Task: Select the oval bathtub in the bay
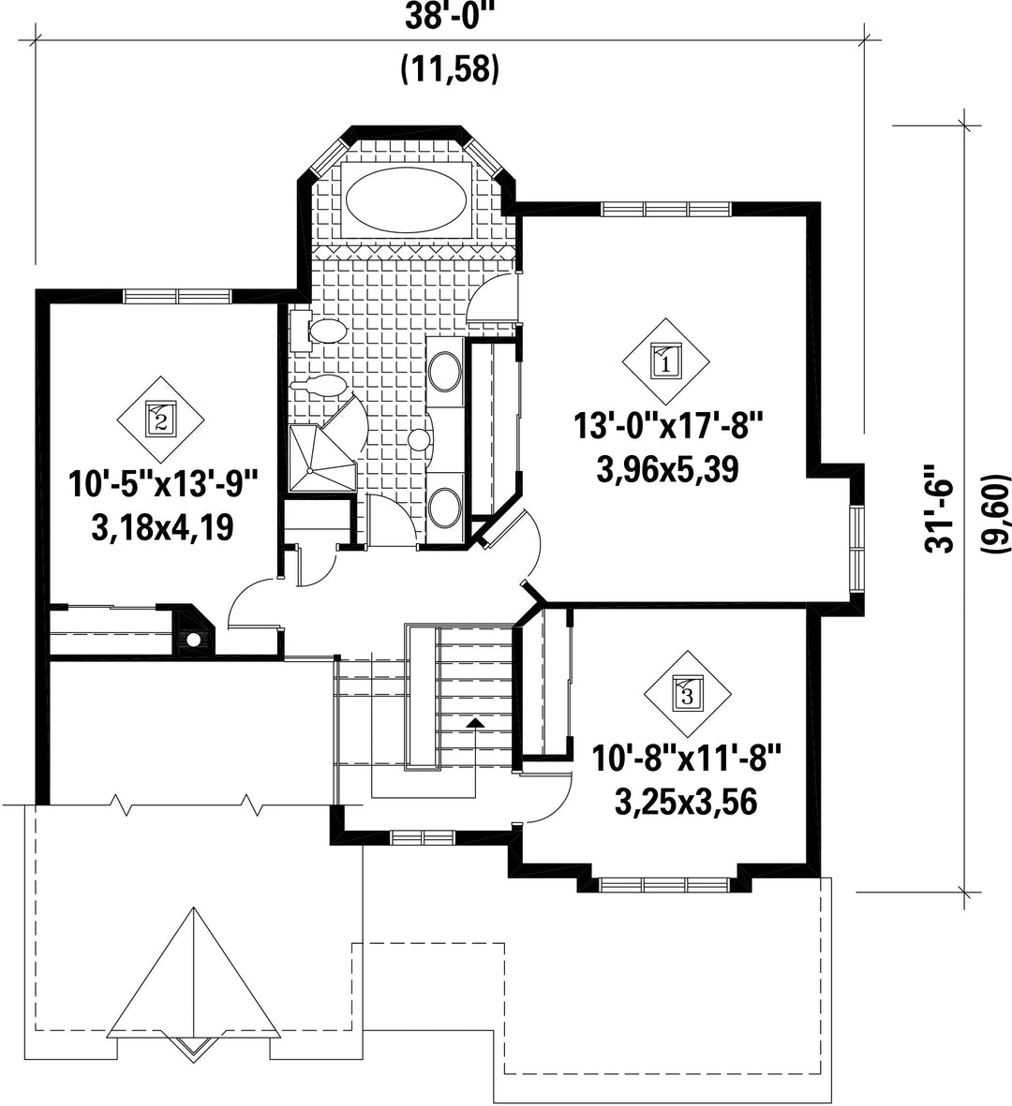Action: coord(405,199)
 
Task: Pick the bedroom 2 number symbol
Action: coord(160,420)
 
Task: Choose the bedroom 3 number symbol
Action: coord(688,693)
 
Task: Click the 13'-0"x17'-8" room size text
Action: coord(668,427)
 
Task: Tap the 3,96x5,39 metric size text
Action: coord(667,469)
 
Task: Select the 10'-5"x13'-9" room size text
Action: coord(163,484)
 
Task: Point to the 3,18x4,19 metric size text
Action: coord(162,527)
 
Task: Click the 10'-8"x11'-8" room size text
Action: coord(688,760)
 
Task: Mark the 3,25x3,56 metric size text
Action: coord(687,802)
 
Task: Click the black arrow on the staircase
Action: coord(476,722)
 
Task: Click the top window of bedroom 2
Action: coord(177,296)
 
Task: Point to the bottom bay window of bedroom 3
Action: coord(664,885)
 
